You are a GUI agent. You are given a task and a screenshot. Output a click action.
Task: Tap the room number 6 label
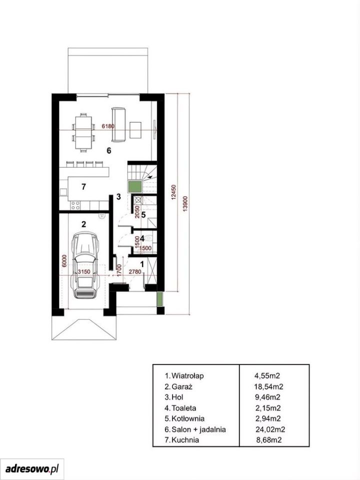tap(108, 150)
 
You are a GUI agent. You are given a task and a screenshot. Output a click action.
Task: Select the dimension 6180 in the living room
tap(108, 126)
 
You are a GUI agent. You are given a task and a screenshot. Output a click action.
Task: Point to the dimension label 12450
tap(174, 192)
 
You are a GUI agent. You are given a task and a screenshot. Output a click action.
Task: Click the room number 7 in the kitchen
tap(83, 186)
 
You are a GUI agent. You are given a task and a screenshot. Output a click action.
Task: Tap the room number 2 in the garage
tap(83, 224)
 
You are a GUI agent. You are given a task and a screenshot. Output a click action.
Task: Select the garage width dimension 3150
tap(84, 271)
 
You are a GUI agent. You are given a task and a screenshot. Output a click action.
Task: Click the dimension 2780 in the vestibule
tap(135, 271)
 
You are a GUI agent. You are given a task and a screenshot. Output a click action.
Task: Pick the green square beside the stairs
tap(135, 186)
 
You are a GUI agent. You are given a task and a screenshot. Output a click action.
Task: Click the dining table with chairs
tap(83, 132)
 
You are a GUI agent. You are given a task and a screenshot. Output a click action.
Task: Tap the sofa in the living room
tap(119, 124)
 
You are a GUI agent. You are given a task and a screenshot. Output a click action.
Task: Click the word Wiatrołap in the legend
tap(187, 375)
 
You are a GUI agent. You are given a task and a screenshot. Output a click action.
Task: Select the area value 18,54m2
tap(268, 386)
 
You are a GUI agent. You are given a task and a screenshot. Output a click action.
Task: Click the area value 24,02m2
tap(270, 429)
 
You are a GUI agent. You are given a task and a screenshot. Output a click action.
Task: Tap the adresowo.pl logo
tap(32, 468)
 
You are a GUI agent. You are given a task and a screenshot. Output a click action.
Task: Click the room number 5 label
tap(143, 214)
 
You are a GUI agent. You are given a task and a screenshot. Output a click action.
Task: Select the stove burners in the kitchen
tap(75, 205)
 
